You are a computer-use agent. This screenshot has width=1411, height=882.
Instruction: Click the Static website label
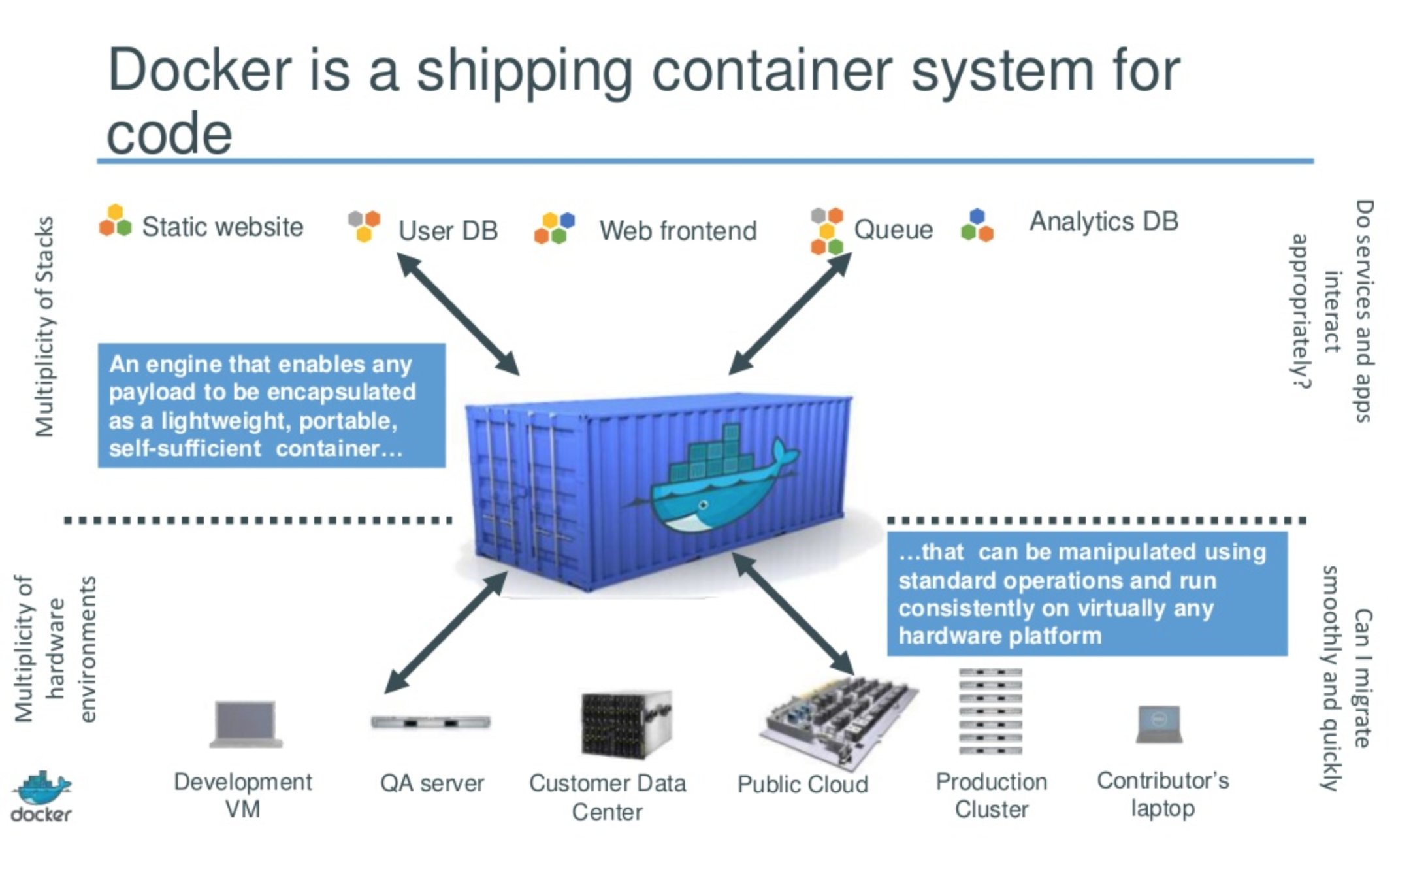[x=222, y=227]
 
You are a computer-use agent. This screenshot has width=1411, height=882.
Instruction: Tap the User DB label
[x=448, y=231]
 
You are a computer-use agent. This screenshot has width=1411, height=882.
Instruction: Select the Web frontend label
[x=678, y=231]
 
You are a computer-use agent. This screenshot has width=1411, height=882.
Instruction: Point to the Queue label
[x=893, y=229]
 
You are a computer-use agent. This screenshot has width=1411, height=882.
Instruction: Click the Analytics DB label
[x=1104, y=221]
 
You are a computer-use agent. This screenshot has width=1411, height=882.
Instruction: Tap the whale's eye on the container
[x=703, y=505]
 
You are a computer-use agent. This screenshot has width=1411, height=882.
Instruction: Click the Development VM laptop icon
[x=246, y=724]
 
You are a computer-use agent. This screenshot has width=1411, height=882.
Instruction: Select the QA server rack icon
[x=430, y=722]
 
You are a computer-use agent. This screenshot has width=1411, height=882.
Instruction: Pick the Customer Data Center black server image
[x=626, y=724]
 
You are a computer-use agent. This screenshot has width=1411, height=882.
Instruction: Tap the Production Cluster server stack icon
[x=990, y=711]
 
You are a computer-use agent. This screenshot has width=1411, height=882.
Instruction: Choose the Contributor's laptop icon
[x=1160, y=725]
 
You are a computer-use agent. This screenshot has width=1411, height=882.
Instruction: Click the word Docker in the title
[x=199, y=71]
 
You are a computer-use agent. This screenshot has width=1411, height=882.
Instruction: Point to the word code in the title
[x=169, y=135]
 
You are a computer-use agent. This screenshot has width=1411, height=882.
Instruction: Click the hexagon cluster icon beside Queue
[x=826, y=231]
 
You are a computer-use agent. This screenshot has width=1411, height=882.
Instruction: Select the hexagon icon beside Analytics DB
[x=977, y=225]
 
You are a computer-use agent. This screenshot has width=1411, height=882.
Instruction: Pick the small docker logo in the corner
[x=42, y=796]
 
